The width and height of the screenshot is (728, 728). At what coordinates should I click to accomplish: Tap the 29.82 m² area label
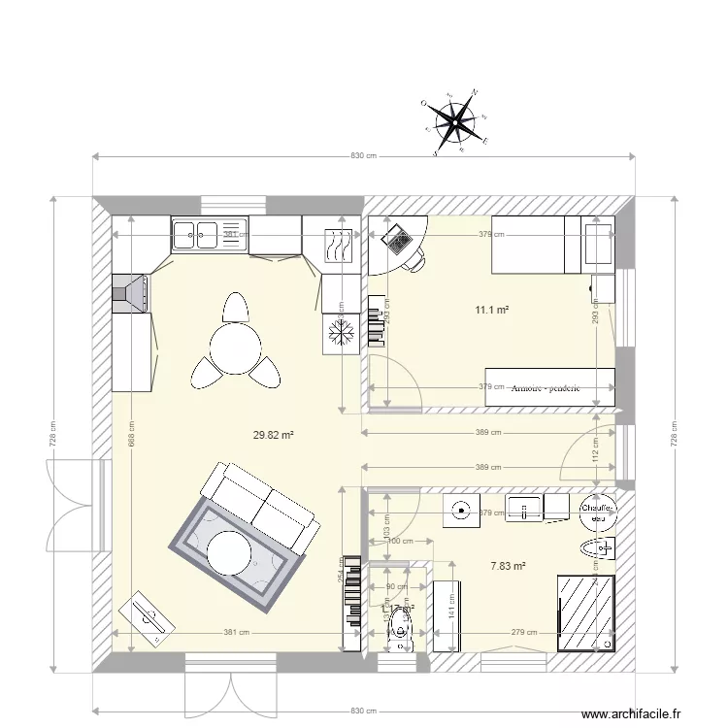tap(273, 436)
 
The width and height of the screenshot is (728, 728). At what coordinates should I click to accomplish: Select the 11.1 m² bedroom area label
tap(492, 311)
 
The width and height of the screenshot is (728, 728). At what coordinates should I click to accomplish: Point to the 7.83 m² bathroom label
tap(508, 566)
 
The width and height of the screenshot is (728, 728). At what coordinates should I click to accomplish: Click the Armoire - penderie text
tap(545, 387)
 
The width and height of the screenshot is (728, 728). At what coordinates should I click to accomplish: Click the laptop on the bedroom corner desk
tap(397, 237)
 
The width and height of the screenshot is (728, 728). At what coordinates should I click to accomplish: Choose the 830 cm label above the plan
tap(362, 155)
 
